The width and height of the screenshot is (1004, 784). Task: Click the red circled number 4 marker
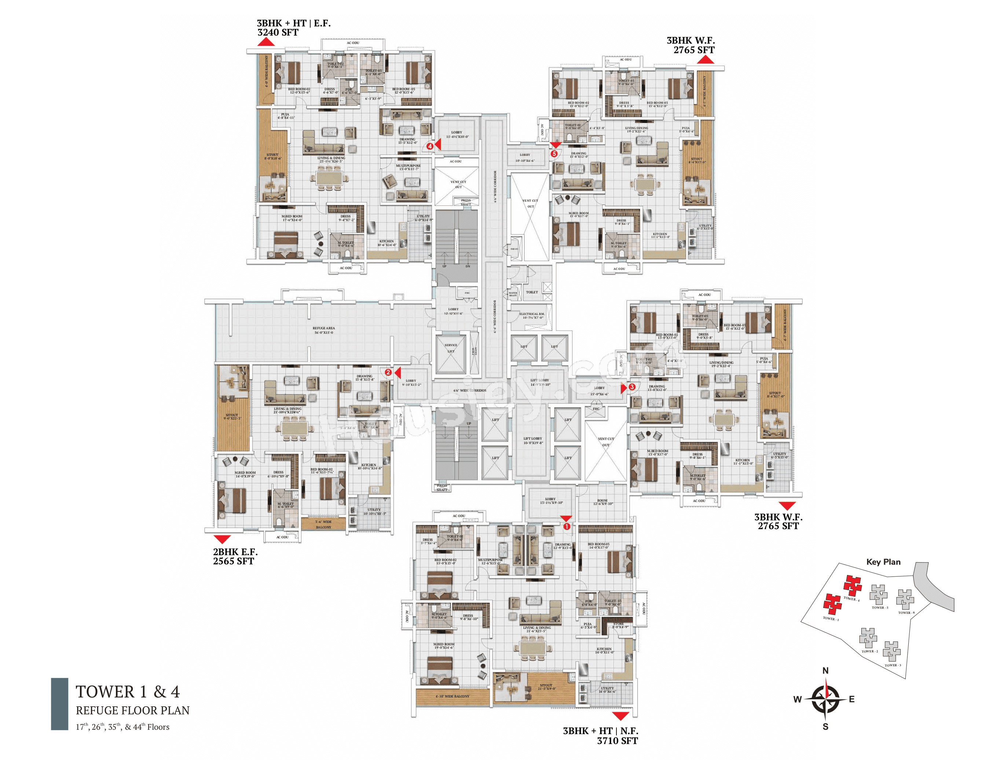[430, 146]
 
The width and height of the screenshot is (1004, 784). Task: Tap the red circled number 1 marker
[567, 527]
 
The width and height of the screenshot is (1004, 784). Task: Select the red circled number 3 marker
[632, 387]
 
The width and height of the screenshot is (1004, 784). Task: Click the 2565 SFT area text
[233, 561]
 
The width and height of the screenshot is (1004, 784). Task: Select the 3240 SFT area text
[278, 33]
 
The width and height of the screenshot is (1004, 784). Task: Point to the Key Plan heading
[883, 562]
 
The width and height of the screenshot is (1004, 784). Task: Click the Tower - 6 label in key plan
[906, 612]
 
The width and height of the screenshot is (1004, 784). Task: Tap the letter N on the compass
[825, 670]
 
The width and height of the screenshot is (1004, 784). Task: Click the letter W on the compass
[797, 699]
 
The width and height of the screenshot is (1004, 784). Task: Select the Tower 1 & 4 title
[128, 692]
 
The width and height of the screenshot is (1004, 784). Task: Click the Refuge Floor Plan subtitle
[132, 710]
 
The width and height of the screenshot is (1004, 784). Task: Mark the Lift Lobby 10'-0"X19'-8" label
[532, 440]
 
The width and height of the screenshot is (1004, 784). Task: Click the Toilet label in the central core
[532, 292]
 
